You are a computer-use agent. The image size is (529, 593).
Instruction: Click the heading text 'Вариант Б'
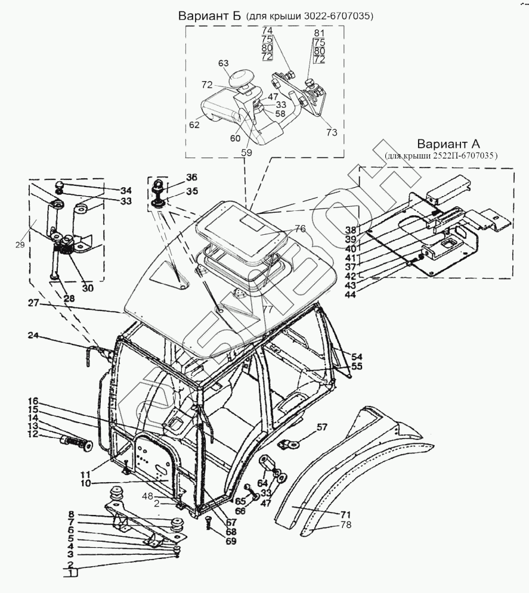[x=209, y=16]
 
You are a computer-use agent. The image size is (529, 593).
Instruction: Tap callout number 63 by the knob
[x=223, y=63]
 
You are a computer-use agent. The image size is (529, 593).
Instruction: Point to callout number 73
[x=332, y=132]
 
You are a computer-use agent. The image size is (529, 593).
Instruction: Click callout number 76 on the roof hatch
[x=299, y=228]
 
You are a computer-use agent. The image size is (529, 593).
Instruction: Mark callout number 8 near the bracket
[x=70, y=514]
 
